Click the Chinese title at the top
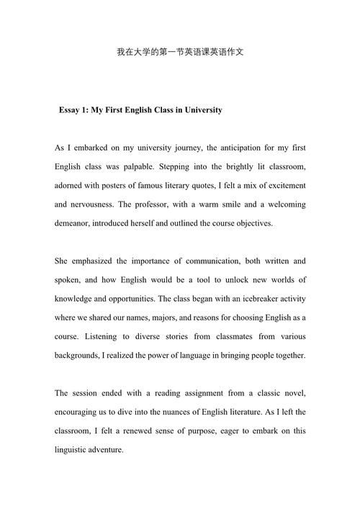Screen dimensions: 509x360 point(180,53)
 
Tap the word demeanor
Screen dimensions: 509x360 point(76,223)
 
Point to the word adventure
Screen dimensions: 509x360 point(106,449)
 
